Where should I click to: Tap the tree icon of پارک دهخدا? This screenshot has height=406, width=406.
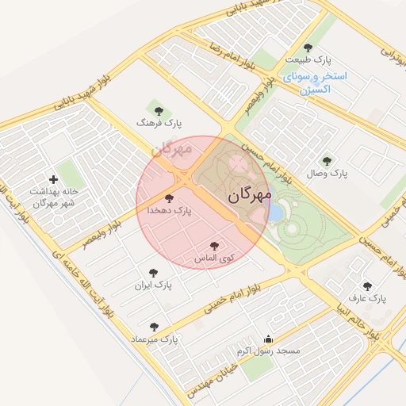[x=168, y=198]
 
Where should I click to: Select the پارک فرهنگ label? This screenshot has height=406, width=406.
[x=159, y=124]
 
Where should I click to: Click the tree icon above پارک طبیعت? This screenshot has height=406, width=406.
[x=308, y=48]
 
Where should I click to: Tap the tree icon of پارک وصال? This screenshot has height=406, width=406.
[x=327, y=160]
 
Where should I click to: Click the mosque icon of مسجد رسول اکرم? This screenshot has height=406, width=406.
[x=268, y=339]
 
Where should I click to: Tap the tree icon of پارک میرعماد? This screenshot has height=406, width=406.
[x=154, y=327]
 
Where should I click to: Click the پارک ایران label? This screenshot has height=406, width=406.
[x=152, y=284]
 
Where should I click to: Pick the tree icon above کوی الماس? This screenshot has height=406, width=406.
[x=214, y=247]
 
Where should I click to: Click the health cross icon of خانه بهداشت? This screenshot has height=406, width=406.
[x=54, y=180]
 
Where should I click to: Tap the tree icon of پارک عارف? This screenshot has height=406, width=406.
[x=366, y=286]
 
